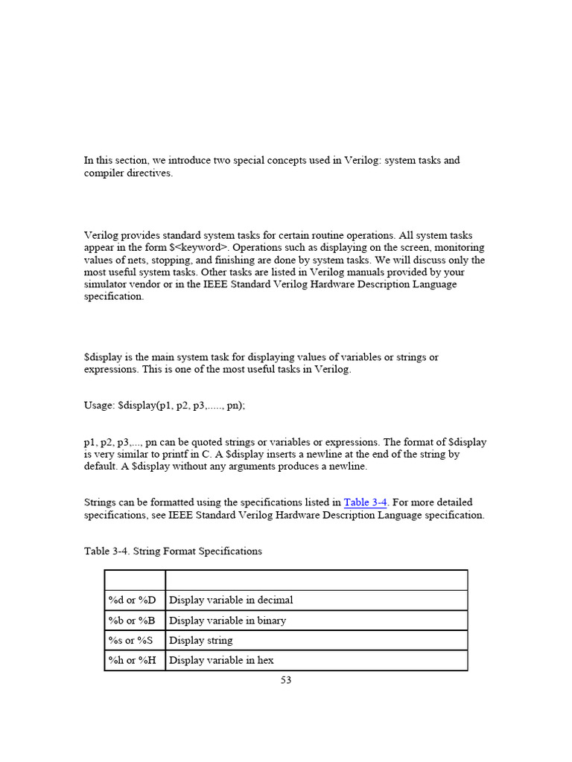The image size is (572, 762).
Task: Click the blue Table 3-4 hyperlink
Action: pos(365,502)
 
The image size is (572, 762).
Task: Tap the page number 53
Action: pos(286,680)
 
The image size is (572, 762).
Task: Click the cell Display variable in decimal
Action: pos(231,600)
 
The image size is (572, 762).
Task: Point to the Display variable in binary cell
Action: pos(227,620)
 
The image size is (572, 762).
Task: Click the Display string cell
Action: pos(201,640)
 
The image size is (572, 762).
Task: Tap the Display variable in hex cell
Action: pos(222,660)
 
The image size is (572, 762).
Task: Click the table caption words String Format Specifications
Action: pos(200,551)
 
